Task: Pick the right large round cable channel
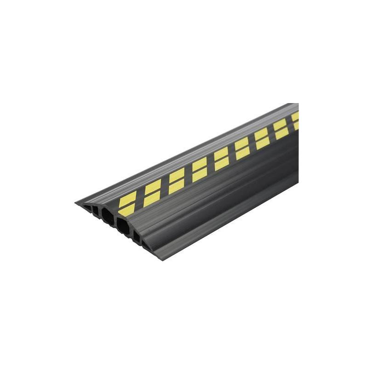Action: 123,227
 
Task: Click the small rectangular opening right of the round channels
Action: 137,236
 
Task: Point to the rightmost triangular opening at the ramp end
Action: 146,246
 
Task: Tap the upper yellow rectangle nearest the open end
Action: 128,199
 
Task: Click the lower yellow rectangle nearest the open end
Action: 127,210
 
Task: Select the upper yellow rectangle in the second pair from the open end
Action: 153,186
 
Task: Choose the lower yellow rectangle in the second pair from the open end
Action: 152,198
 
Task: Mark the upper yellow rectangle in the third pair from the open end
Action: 177,175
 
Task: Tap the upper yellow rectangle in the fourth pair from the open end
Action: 200,164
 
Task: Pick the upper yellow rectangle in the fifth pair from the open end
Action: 221,154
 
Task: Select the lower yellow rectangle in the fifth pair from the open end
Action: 221,164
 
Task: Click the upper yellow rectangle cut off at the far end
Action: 295,117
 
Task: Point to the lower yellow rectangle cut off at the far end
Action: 296,126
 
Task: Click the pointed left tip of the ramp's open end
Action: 76,202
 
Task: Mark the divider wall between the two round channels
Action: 115,219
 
